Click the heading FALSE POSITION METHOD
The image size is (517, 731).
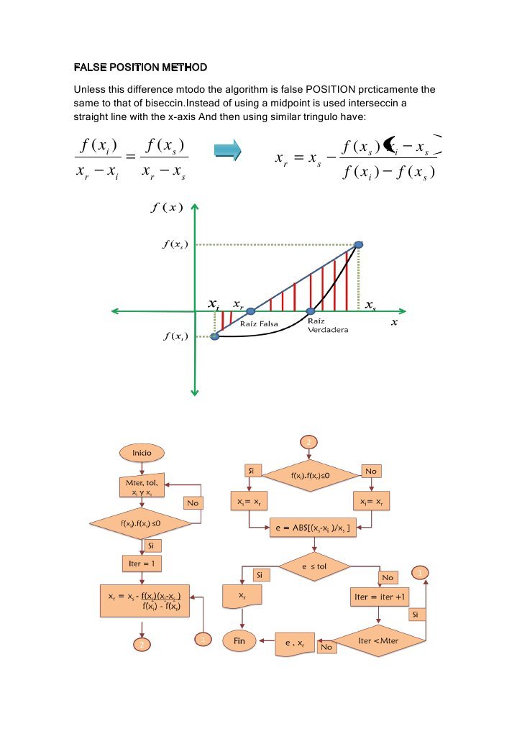[x=140, y=68]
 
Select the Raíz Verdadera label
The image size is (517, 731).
[x=327, y=326]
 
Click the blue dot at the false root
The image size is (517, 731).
[x=251, y=311]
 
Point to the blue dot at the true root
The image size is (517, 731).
[x=311, y=311]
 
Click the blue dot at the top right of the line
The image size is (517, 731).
[x=358, y=244]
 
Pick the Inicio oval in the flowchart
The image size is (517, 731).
[x=142, y=453]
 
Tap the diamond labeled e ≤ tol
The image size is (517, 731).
[x=314, y=566]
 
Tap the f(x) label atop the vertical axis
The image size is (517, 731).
[x=168, y=208]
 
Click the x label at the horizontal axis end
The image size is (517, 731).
[x=393, y=323]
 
